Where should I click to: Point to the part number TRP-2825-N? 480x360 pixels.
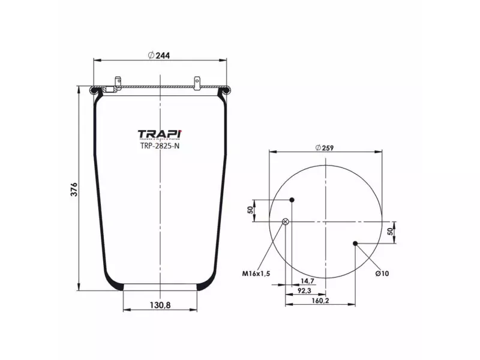[x=159, y=145]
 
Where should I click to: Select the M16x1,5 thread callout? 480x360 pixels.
[x=257, y=274]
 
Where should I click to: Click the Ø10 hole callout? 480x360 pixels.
[x=383, y=274]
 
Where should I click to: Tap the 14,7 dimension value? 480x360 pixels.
[x=307, y=281]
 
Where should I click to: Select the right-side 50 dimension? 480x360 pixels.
[x=390, y=232]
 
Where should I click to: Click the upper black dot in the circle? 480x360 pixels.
[x=292, y=200]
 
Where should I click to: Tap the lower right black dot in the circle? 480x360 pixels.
[x=356, y=243]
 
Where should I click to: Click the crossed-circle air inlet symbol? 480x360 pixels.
[x=286, y=222]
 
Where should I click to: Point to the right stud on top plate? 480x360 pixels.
[x=197, y=80]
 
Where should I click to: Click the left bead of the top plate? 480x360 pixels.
[x=94, y=91]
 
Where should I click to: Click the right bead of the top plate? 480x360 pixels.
[x=226, y=91]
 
